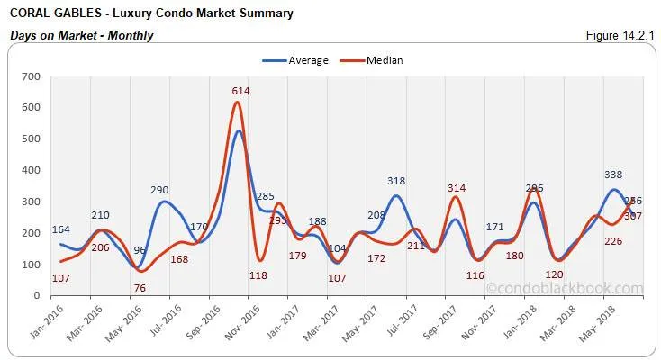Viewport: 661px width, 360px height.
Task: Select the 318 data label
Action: tap(396, 181)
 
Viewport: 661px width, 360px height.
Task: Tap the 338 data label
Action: tap(612, 175)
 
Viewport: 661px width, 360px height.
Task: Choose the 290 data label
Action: tap(160, 190)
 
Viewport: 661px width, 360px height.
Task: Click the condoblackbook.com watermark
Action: tap(565, 289)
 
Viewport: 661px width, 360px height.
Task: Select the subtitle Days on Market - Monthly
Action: tap(81, 36)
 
